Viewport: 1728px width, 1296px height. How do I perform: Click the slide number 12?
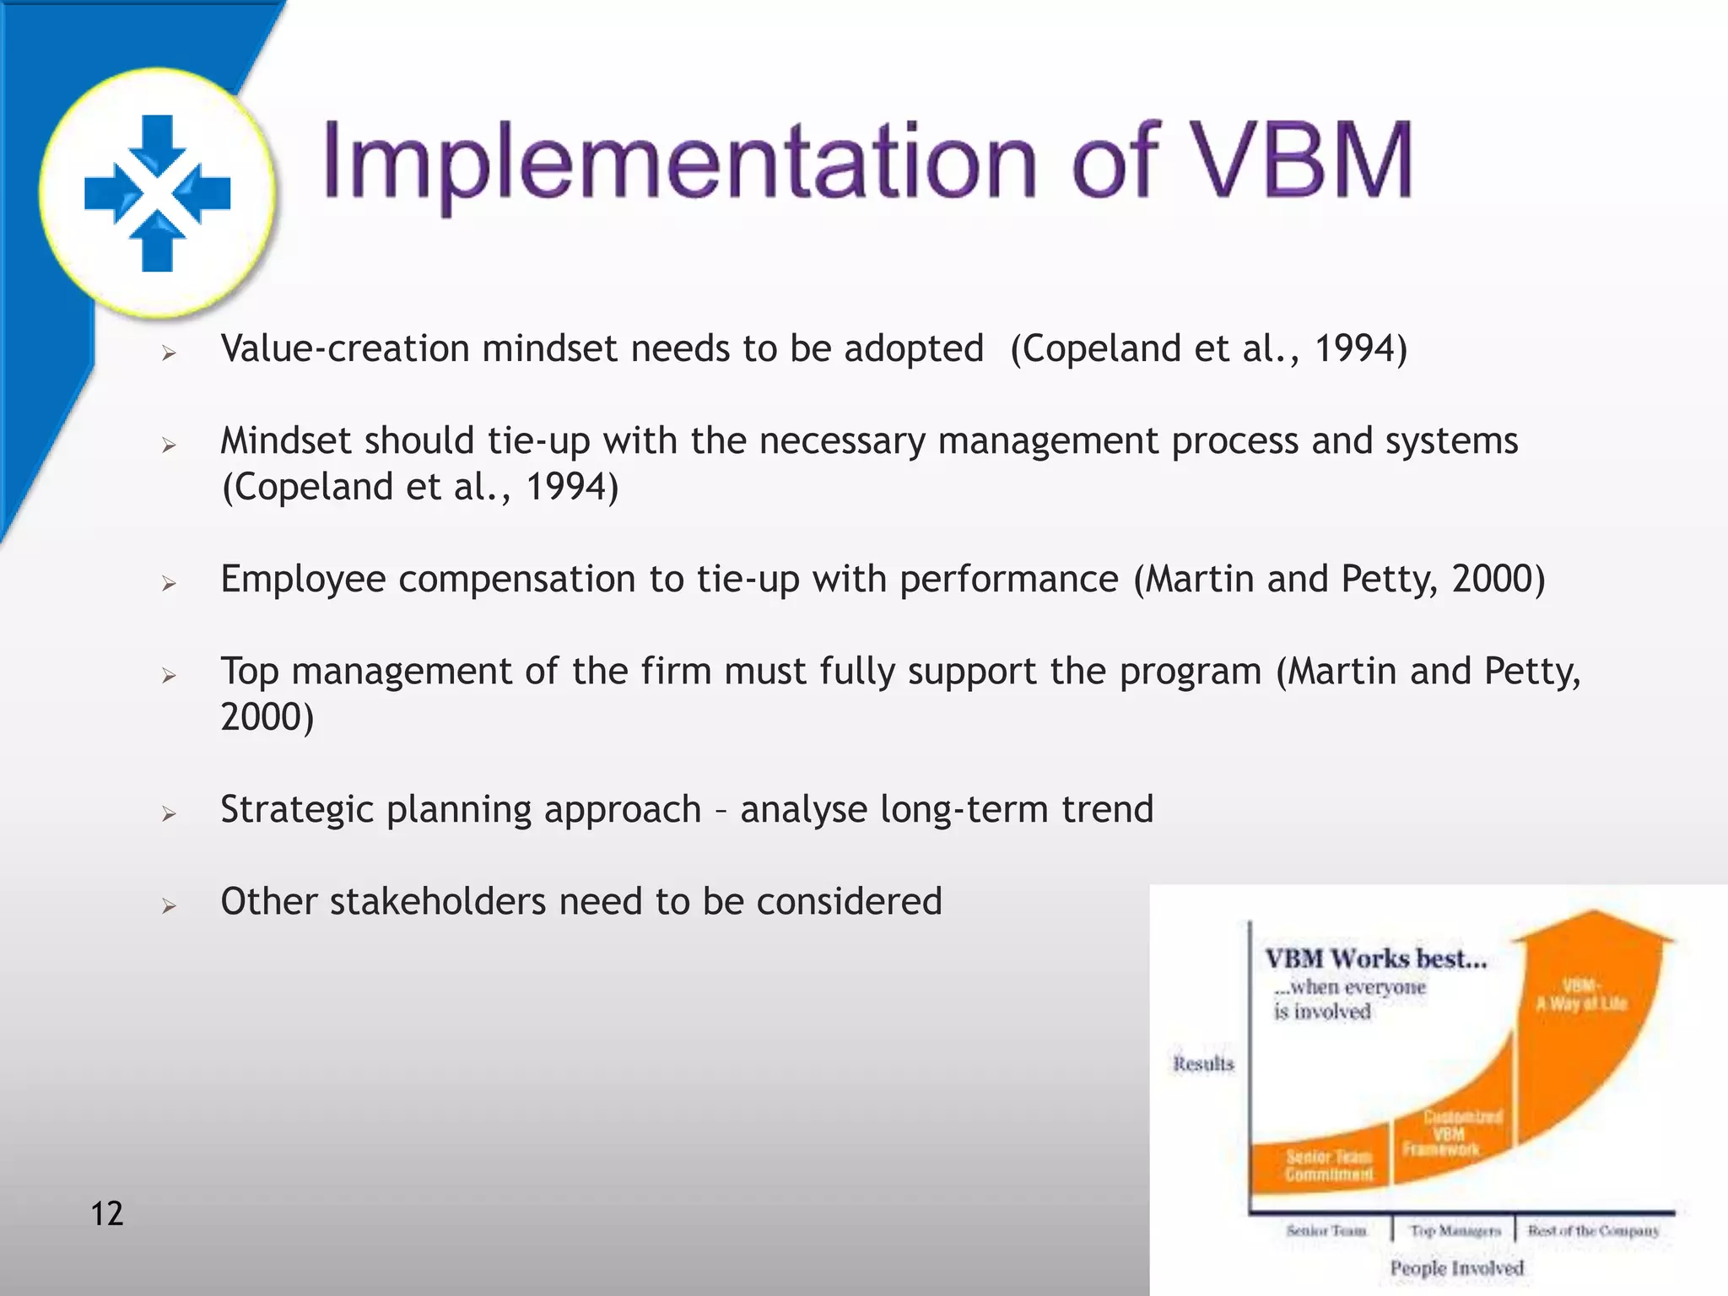pyautogui.click(x=107, y=1213)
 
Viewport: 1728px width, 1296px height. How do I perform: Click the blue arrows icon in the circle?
pyautogui.click(x=158, y=193)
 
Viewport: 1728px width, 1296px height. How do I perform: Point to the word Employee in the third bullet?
pyautogui.click(x=303, y=580)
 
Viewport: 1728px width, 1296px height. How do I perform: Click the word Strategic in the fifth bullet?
pyautogui.click(x=296, y=810)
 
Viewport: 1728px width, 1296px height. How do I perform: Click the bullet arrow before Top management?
pyautogui.click(x=170, y=675)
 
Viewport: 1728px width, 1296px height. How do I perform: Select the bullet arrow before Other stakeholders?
pyautogui.click(x=170, y=906)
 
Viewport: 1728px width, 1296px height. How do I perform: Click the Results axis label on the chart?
pyautogui.click(x=1203, y=1064)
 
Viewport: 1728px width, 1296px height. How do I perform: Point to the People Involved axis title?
pyautogui.click(x=1456, y=1268)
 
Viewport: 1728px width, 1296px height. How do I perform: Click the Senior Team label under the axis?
pyautogui.click(x=1326, y=1231)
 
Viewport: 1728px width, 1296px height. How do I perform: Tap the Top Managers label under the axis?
pyautogui.click(x=1455, y=1231)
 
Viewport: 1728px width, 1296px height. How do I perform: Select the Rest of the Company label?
pyautogui.click(x=1593, y=1231)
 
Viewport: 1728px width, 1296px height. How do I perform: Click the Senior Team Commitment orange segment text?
pyautogui.click(x=1328, y=1165)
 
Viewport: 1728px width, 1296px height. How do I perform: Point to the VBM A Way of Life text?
pyautogui.click(x=1581, y=995)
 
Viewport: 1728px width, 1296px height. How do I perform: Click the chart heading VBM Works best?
pyautogui.click(x=1375, y=959)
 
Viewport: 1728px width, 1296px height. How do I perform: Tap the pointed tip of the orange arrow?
pyautogui.click(x=1591, y=914)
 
